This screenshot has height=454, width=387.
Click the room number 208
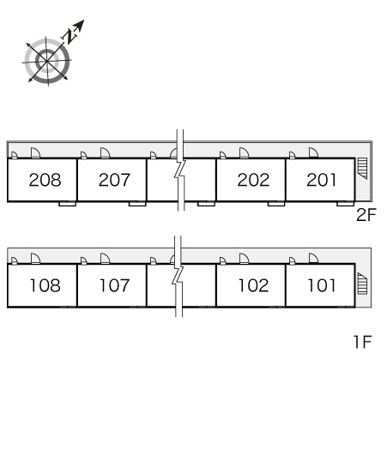tap(45, 180)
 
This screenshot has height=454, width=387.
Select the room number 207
tap(114, 180)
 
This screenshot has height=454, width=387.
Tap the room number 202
tap(253, 180)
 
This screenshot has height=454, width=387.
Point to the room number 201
tap(322, 180)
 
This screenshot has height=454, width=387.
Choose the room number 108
tap(45, 285)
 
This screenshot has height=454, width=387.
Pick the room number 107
tap(114, 285)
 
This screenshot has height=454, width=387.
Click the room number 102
tap(253, 285)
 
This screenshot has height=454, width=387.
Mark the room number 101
tap(322, 285)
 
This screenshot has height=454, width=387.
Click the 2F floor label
tap(366, 215)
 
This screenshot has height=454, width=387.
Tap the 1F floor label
tap(363, 342)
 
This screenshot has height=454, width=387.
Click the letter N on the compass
tap(70, 36)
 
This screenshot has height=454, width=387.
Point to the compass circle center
tap(47, 62)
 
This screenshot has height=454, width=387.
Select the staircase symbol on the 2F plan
tap(362, 169)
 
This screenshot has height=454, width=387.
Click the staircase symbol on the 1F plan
tap(362, 284)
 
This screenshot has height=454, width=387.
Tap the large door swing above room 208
tap(35, 152)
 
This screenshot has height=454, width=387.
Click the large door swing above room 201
tap(313, 152)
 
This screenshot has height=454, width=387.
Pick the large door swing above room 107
tap(105, 259)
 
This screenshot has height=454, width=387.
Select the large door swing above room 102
tap(244, 259)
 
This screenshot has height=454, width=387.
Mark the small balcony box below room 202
tap(276, 204)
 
